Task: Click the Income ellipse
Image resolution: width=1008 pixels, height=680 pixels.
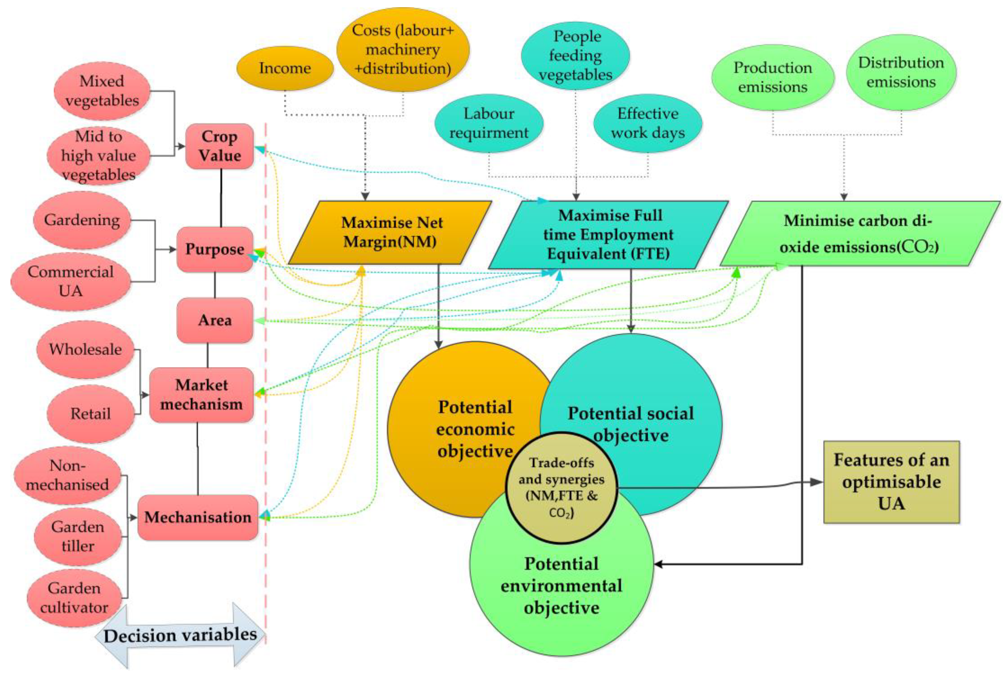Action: pyautogui.click(x=285, y=68)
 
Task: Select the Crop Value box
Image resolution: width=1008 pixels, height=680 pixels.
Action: pyautogui.click(x=219, y=146)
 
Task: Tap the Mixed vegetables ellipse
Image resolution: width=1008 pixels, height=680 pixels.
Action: pyautogui.click(x=102, y=91)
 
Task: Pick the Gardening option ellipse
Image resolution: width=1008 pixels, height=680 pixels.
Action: pyautogui.click(x=82, y=220)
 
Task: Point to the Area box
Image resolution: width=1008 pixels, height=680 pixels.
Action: pyautogui.click(x=215, y=320)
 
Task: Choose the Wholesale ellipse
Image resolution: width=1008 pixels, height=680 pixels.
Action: pyautogui.click(x=85, y=349)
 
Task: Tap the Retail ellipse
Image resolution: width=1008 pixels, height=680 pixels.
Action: pyautogui.click(x=90, y=413)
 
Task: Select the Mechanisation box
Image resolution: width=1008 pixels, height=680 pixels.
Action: pyautogui.click(x=198, y=517)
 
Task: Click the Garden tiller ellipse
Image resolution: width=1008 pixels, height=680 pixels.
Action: pyautogui.click(x=78, y=536)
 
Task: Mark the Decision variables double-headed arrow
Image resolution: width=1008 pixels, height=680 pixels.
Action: pyautogui.click(x=180, y=635)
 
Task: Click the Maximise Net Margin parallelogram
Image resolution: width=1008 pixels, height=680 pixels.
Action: pyautogui.click(x=390, y=232)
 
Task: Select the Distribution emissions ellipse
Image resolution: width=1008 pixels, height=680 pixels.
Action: pyautogui.click(x=901, y=72)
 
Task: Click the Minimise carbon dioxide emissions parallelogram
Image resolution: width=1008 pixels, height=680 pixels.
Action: pyautogui.click(x=859, y=233)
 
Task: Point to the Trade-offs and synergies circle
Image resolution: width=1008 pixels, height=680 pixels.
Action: pyautogui.click(x=561, y=488)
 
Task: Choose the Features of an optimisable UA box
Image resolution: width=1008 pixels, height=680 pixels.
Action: pyautogui.click(x=891, y=482)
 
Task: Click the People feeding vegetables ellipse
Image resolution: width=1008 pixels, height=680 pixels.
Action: pyautogui.click(x=575, y=55)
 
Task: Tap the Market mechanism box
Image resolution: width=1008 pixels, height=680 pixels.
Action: pyautogui.click(x=201, y=395)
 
